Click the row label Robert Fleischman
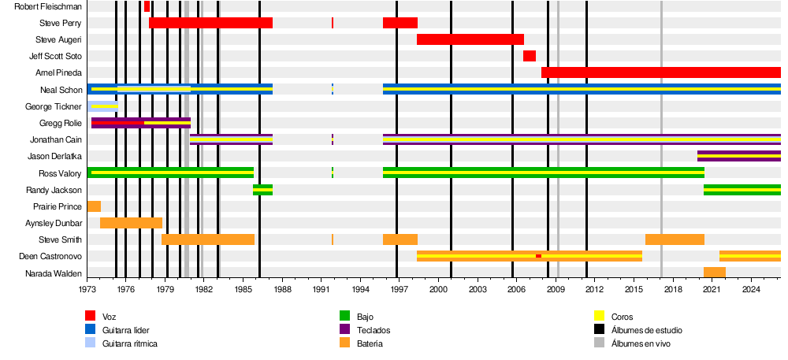(48, 6)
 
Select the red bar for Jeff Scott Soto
(530, 56)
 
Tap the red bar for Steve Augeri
(470, 39)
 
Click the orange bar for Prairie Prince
(94, 206)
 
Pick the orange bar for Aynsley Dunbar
(131, 223)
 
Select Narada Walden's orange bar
(715, 273)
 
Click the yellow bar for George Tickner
(104, 106)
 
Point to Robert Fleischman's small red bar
(147, 6)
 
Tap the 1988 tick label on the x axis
(281, 290)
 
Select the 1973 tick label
(87, 290)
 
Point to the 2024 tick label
(751, 290)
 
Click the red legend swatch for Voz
(91, 317)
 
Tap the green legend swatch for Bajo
(345, 317)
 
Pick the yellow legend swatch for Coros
(599, 317)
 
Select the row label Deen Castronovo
(50, 257)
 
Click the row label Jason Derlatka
(54, 156)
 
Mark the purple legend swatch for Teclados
(345, 330)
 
